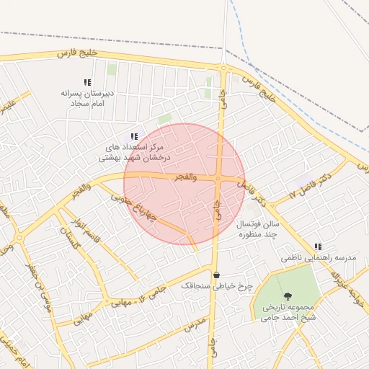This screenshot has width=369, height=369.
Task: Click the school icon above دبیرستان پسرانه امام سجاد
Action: click(x=87, y=83)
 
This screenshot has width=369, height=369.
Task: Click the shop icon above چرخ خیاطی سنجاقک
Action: click(x=216, y=275)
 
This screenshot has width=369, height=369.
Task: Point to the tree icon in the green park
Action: click(x=288, y=296)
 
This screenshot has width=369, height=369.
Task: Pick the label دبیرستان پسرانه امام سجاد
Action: click(x=87, y=99)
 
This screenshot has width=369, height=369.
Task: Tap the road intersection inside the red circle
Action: click(x=218, y=179)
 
